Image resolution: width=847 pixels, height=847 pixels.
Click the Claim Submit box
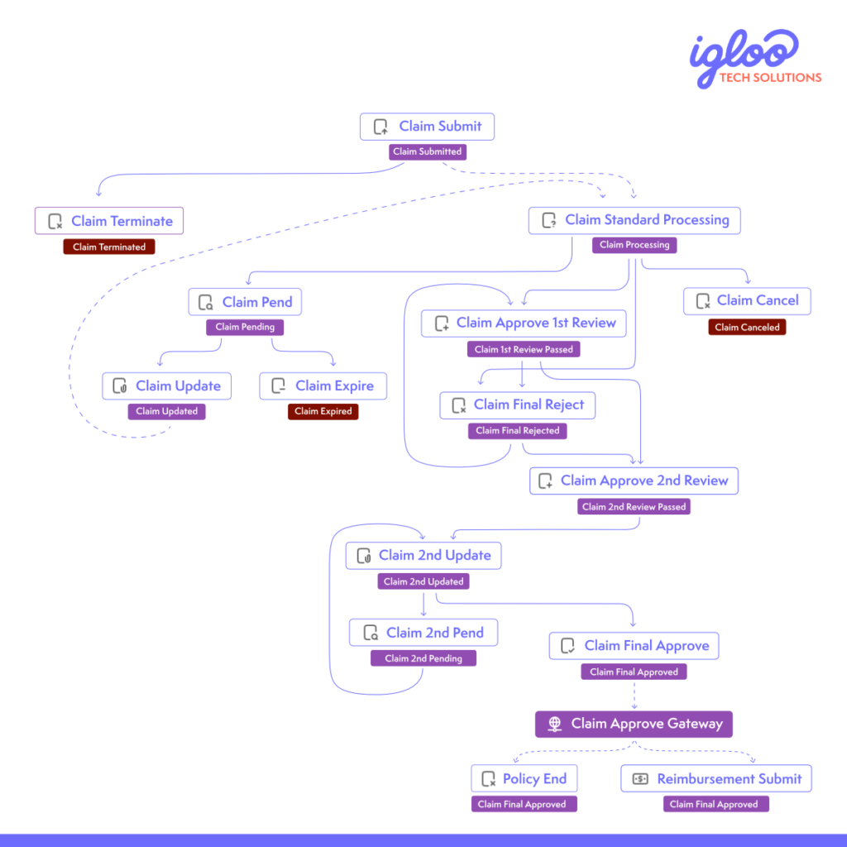pyautogui.click(x=427, y=127)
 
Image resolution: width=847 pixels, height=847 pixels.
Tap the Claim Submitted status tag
pyautogui.click(x=427, y=152)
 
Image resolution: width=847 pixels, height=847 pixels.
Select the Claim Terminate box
pyautogui.click(x=109, y=221)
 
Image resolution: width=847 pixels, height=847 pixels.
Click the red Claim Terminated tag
pyautogui.click(x=109, y=247)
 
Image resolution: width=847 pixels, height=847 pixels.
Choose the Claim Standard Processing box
pyautogui.click(x=634, y=220)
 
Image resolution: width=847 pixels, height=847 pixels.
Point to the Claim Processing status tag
pyautogui.click(x=634, y=245)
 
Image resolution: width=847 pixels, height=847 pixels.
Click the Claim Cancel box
pyautogui.click(x=747, y=301)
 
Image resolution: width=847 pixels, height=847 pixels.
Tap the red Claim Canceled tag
pyautogui.click(x=747, y=328)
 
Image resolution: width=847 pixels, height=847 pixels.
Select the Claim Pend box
pyautogui.click(x=245, y=303)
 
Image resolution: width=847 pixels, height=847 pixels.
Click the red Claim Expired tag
pyautogui.click(x=323, y=412)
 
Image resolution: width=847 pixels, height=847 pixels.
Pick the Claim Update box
pyautogui.click(x=167, y=386)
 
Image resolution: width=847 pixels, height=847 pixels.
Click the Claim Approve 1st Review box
pyautogui.click(x=524, y=323)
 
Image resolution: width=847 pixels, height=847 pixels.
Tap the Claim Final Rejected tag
pyautogui.click(x=518, y=431)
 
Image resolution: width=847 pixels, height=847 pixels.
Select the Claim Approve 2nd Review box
pyautogui.click(x=634, y=481)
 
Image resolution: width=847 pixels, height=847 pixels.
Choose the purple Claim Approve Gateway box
pyautogui.click(x=634, y=724)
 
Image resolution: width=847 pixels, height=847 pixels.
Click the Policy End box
pyautogui.click(x=524, y=779)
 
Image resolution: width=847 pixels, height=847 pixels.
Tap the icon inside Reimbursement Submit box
pyautogui.click(x=640, y=779)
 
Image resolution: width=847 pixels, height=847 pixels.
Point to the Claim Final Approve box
pyautogui.click(x=634, y=646)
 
